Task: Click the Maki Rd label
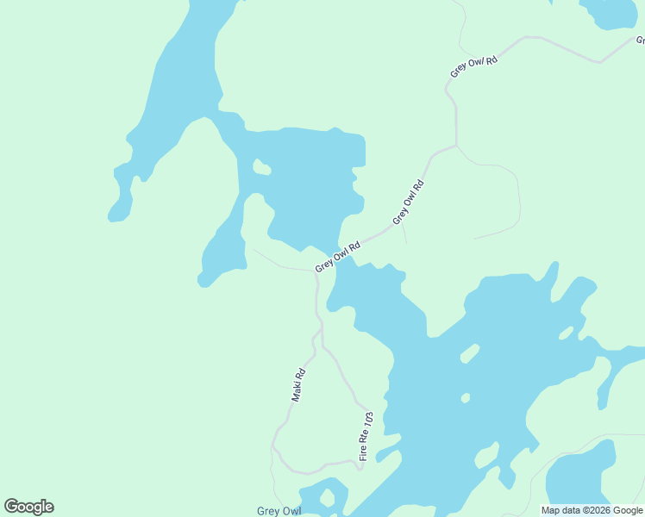coord(299,385)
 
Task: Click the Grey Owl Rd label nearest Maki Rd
coord(337,256)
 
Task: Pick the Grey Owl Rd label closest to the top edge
coord(474,67)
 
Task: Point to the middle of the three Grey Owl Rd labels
coord(409,202)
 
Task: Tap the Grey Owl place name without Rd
coord(279,511)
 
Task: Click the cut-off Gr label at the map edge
coord(639,40)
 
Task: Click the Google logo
coord(28,507)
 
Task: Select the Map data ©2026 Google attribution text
coord(592,510)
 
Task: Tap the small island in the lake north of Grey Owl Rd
coord(261,167)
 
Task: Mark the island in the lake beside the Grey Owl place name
coord(327,498)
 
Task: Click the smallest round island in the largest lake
coord(466,398)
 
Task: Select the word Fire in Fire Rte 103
coord(364,452)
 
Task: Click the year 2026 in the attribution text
coord(598,510)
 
